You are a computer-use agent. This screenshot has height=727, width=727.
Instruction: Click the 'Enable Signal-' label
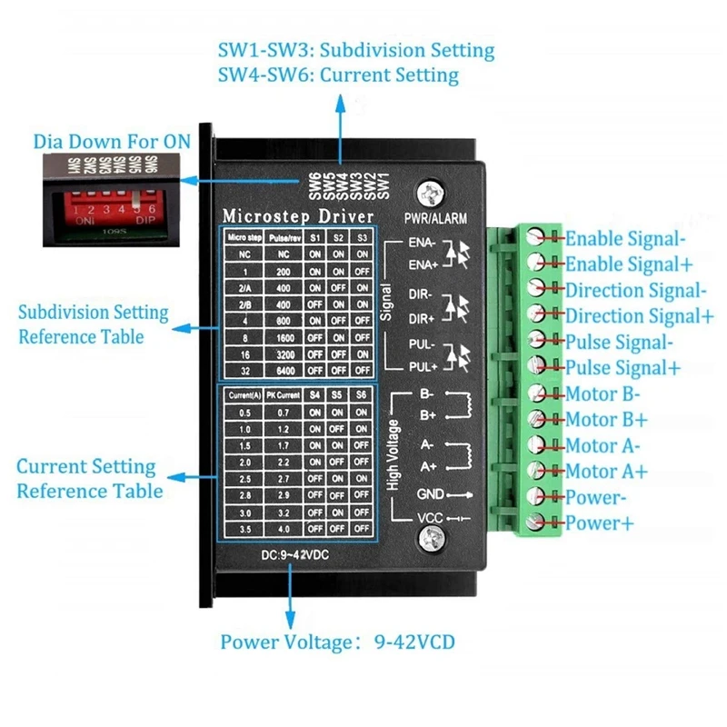coord(624,239)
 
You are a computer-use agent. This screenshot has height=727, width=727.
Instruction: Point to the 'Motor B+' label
coord(606,420)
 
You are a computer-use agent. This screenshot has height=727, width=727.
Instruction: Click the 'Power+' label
coord(600,523)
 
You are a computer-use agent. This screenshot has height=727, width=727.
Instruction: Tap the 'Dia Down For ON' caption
coord(113,142)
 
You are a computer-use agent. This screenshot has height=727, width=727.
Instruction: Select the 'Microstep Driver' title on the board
coord(298,215)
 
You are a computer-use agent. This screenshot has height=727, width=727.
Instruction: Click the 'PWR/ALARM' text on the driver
coord(436,218)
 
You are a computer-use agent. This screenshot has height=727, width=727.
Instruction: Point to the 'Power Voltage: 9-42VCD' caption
coord(337,642)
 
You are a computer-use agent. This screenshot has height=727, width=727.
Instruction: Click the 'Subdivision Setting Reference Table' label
coord(94,324)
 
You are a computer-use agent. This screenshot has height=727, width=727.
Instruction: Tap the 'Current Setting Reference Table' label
coord(89,478)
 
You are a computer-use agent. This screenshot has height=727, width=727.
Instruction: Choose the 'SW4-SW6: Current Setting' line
coord(338,75)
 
